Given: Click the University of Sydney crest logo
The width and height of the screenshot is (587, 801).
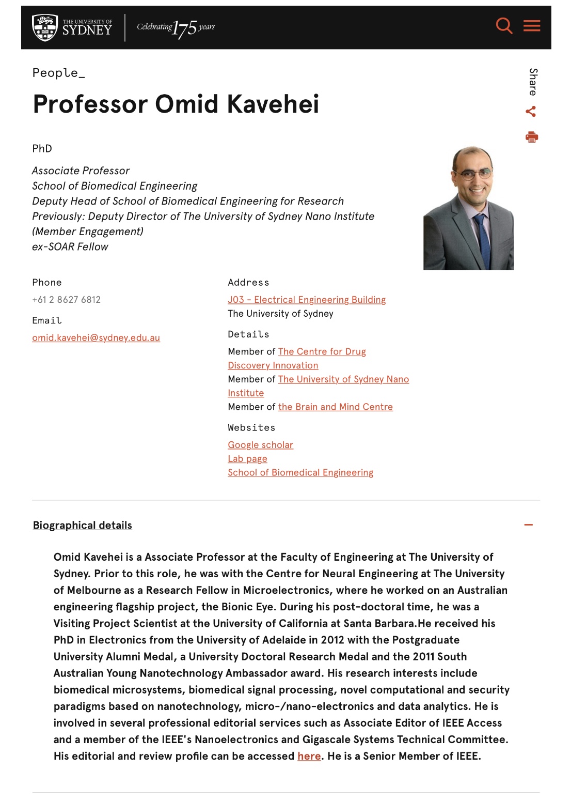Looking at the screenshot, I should coord(44,27).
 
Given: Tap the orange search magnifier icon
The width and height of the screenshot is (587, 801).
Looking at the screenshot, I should coord(504,26).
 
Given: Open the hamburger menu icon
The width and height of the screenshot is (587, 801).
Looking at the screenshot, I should coord(532,26).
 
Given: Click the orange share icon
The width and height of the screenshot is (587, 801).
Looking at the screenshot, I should coord(531,112).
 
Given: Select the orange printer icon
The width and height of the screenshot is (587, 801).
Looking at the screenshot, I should coord(531,137).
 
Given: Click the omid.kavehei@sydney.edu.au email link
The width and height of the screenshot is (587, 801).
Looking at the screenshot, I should coord(96,338).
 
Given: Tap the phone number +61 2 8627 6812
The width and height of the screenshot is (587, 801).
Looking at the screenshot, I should coord(66,300).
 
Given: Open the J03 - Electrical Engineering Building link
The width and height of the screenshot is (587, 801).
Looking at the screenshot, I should coord(307,300).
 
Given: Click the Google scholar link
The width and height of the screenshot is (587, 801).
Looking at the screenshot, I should coord(260,445).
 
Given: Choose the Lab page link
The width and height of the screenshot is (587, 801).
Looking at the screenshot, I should coord(247,459).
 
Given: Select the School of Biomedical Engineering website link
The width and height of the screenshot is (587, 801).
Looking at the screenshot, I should coord(300,473).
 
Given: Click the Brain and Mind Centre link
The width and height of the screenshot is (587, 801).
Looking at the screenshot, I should coord(336,407).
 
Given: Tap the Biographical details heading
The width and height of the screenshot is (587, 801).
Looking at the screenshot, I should coord(83,526).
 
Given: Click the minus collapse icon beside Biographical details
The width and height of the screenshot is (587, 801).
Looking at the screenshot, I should coord(528,525).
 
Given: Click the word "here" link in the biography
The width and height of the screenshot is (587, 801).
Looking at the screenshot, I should coord(309,756).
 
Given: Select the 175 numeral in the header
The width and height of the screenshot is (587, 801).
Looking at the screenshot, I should coord(185,28).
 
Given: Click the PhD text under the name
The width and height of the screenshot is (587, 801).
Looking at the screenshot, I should coord(42,149).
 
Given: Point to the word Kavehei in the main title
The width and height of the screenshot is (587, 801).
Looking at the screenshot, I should coord(273,104).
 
